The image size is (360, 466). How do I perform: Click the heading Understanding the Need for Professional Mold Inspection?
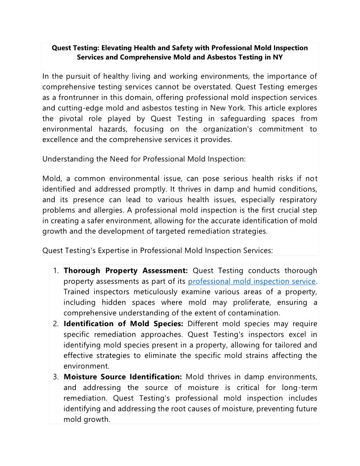tap(144, 159)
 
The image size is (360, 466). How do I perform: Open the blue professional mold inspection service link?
tap(252, 281)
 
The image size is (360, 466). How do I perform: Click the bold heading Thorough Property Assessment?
tap(126, 271)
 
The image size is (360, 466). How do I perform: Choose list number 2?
tap(56, 323)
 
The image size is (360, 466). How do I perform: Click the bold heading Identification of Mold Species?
tap(124, 323)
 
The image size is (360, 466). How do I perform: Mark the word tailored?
tap(289, 345)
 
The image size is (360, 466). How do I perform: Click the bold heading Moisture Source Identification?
tap(123, 376)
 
